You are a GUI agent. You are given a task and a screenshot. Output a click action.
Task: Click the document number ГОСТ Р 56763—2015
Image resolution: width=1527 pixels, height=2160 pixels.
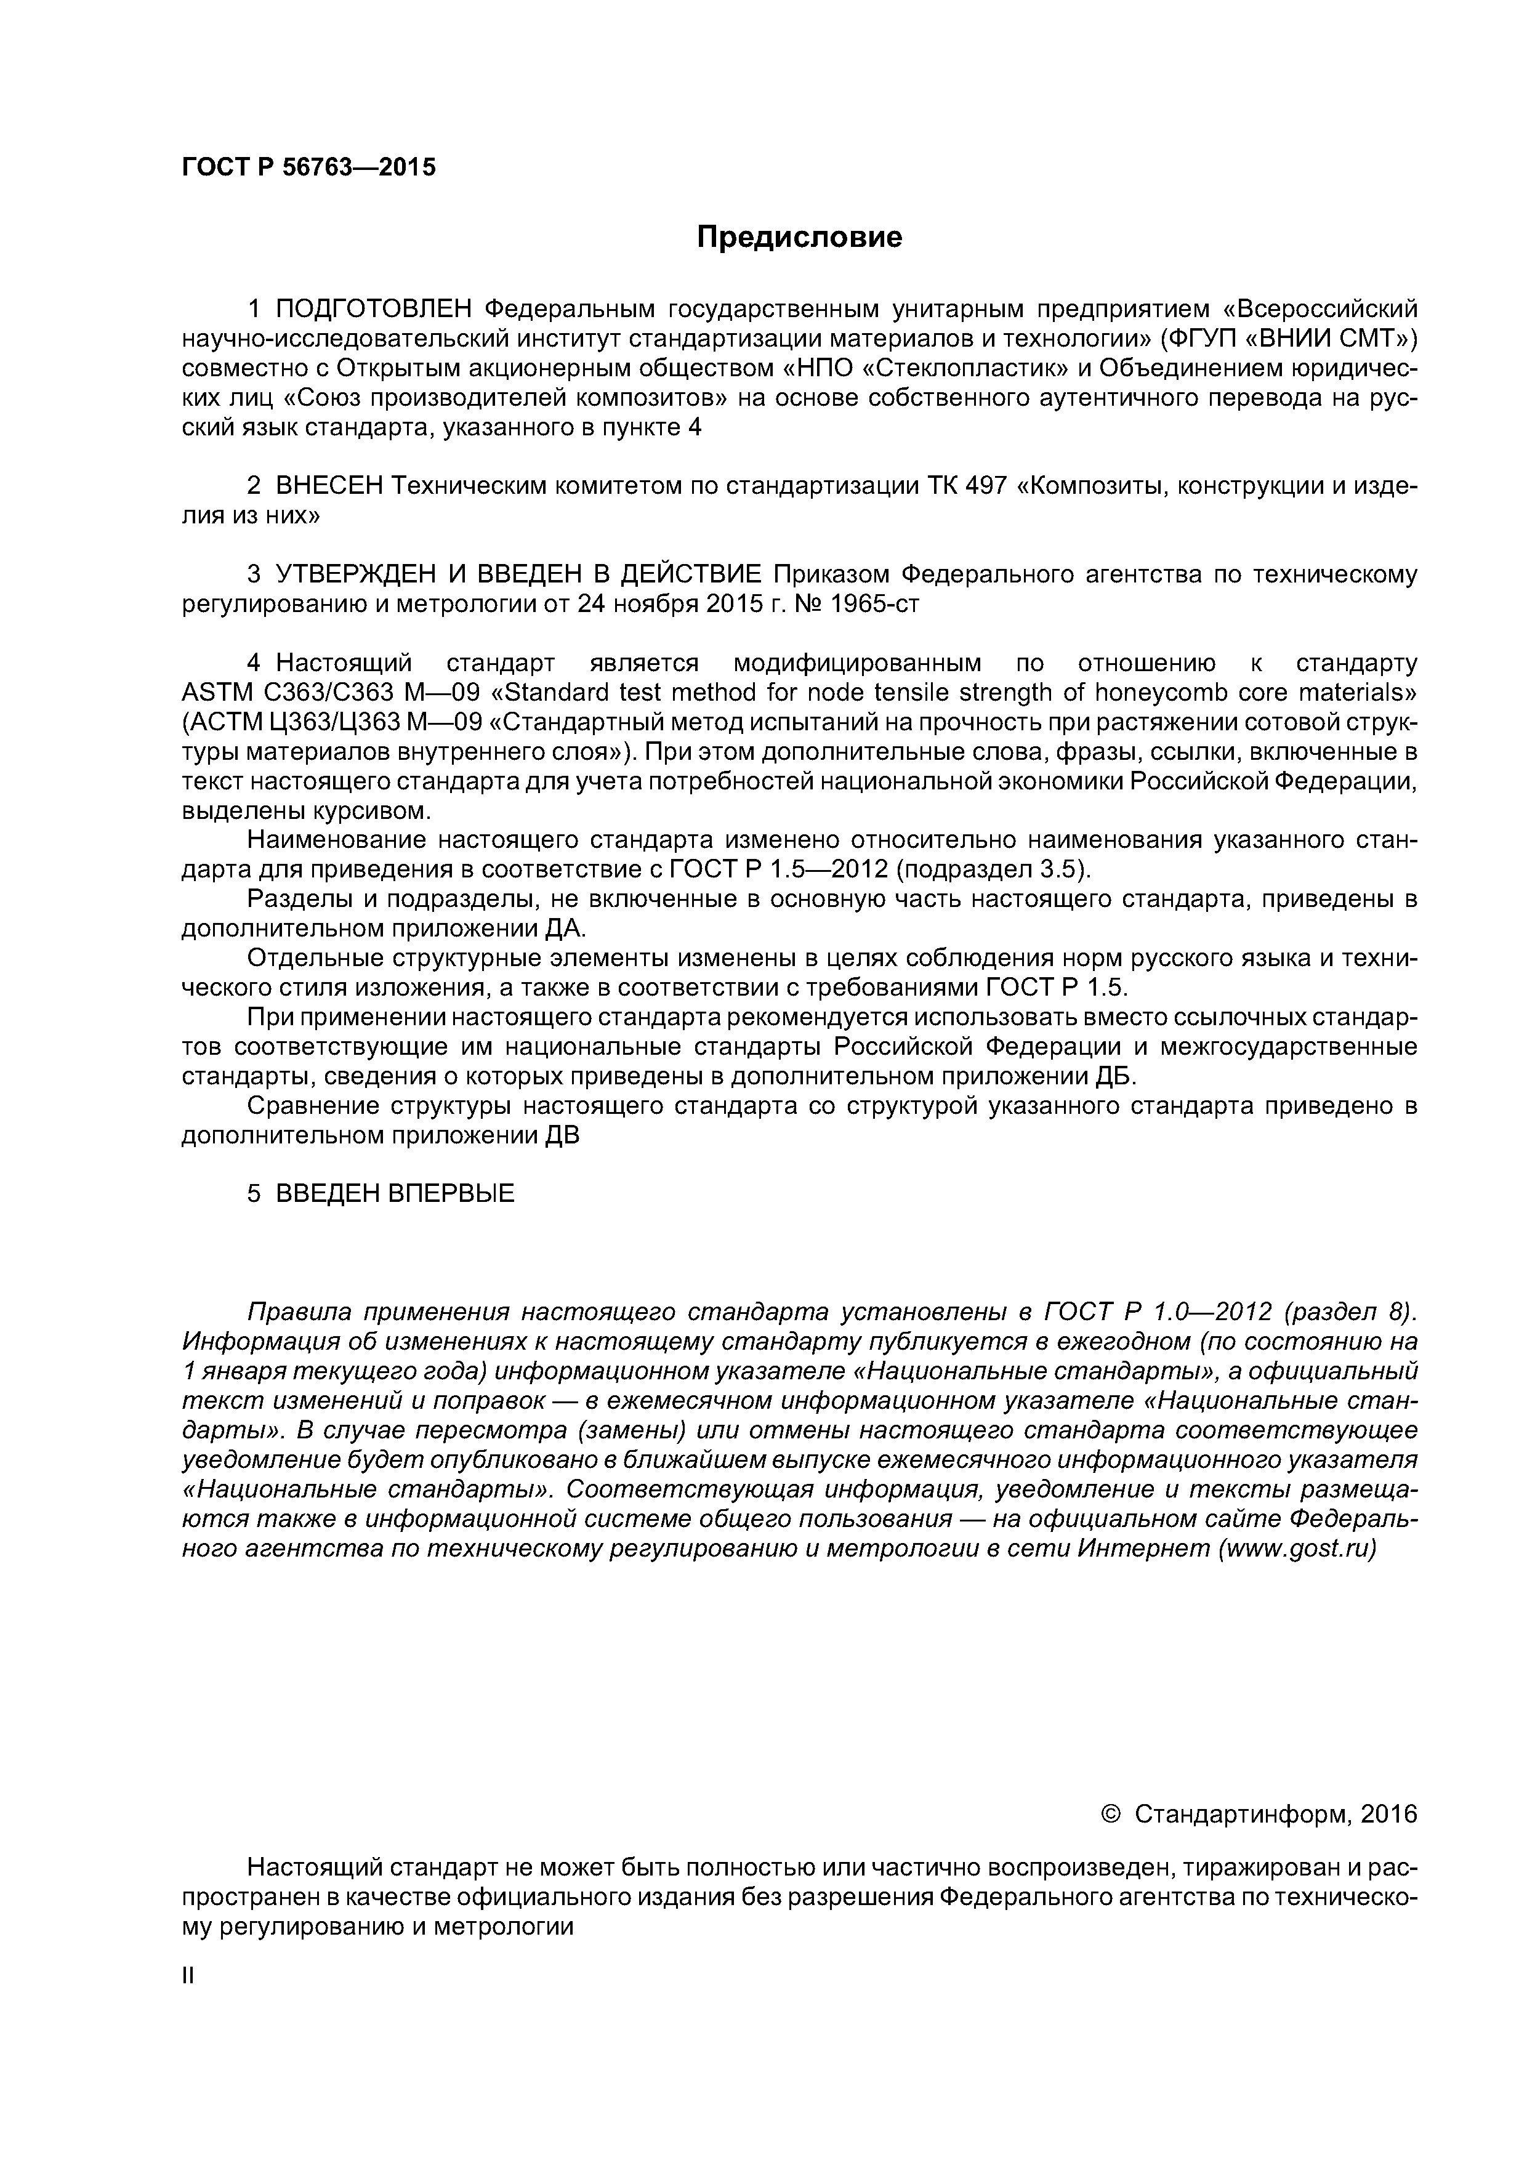(x=308, y=167)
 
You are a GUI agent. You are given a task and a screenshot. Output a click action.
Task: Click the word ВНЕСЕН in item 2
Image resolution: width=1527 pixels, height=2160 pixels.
(x=329, y=486)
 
